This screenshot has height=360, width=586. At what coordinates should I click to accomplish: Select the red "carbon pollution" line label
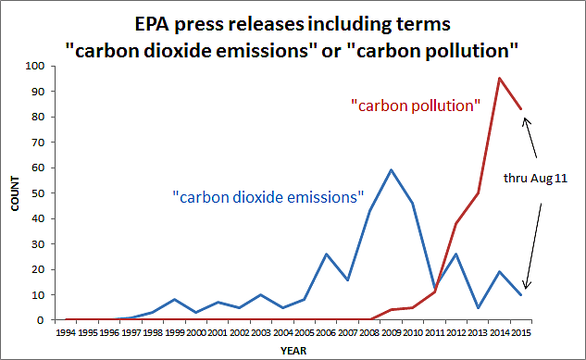coord(415,106)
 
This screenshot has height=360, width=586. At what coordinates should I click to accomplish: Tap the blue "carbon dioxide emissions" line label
coord(268,196)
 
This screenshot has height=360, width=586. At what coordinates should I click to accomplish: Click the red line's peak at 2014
coord(500,79)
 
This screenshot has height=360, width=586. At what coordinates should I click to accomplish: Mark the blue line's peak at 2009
coord(392,170)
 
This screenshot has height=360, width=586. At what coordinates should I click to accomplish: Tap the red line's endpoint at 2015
coord(522,109)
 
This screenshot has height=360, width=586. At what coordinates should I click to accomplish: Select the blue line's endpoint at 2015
coord(522,294)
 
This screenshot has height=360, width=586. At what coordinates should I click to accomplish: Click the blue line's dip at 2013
coord(479,307)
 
